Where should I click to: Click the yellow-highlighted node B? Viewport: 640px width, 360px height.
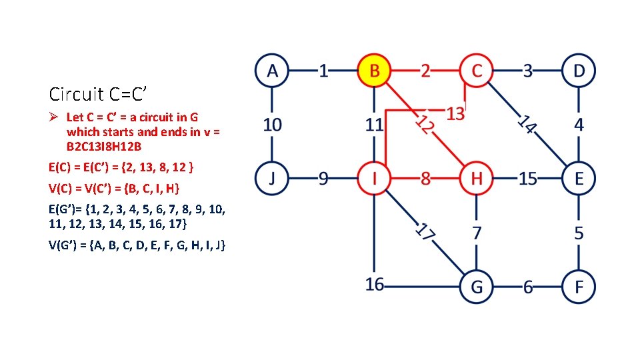(375, 70)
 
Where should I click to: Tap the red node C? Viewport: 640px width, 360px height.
(476, 70)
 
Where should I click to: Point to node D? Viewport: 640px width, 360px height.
(579, 70)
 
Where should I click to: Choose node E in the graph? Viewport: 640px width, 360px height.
(579, 178)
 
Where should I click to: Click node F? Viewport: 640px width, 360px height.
(579, 287)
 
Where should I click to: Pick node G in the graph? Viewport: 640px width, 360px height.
(476, 287)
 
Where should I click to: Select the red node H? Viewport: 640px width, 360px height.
(476, 178)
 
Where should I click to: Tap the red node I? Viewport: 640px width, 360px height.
(375, 178)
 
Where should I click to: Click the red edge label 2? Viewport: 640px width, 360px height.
(425, 70)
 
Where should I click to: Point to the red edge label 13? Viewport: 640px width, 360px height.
(455, 114)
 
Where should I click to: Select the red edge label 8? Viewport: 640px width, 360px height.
(425, 178)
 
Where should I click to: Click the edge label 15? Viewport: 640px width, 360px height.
(528, 178)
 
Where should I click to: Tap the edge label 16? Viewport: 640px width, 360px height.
(375, 285)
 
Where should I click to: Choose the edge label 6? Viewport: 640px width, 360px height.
(528, 287)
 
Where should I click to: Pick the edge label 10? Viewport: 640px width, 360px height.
(272, 124)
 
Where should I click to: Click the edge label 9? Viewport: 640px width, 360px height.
(323, 178)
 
